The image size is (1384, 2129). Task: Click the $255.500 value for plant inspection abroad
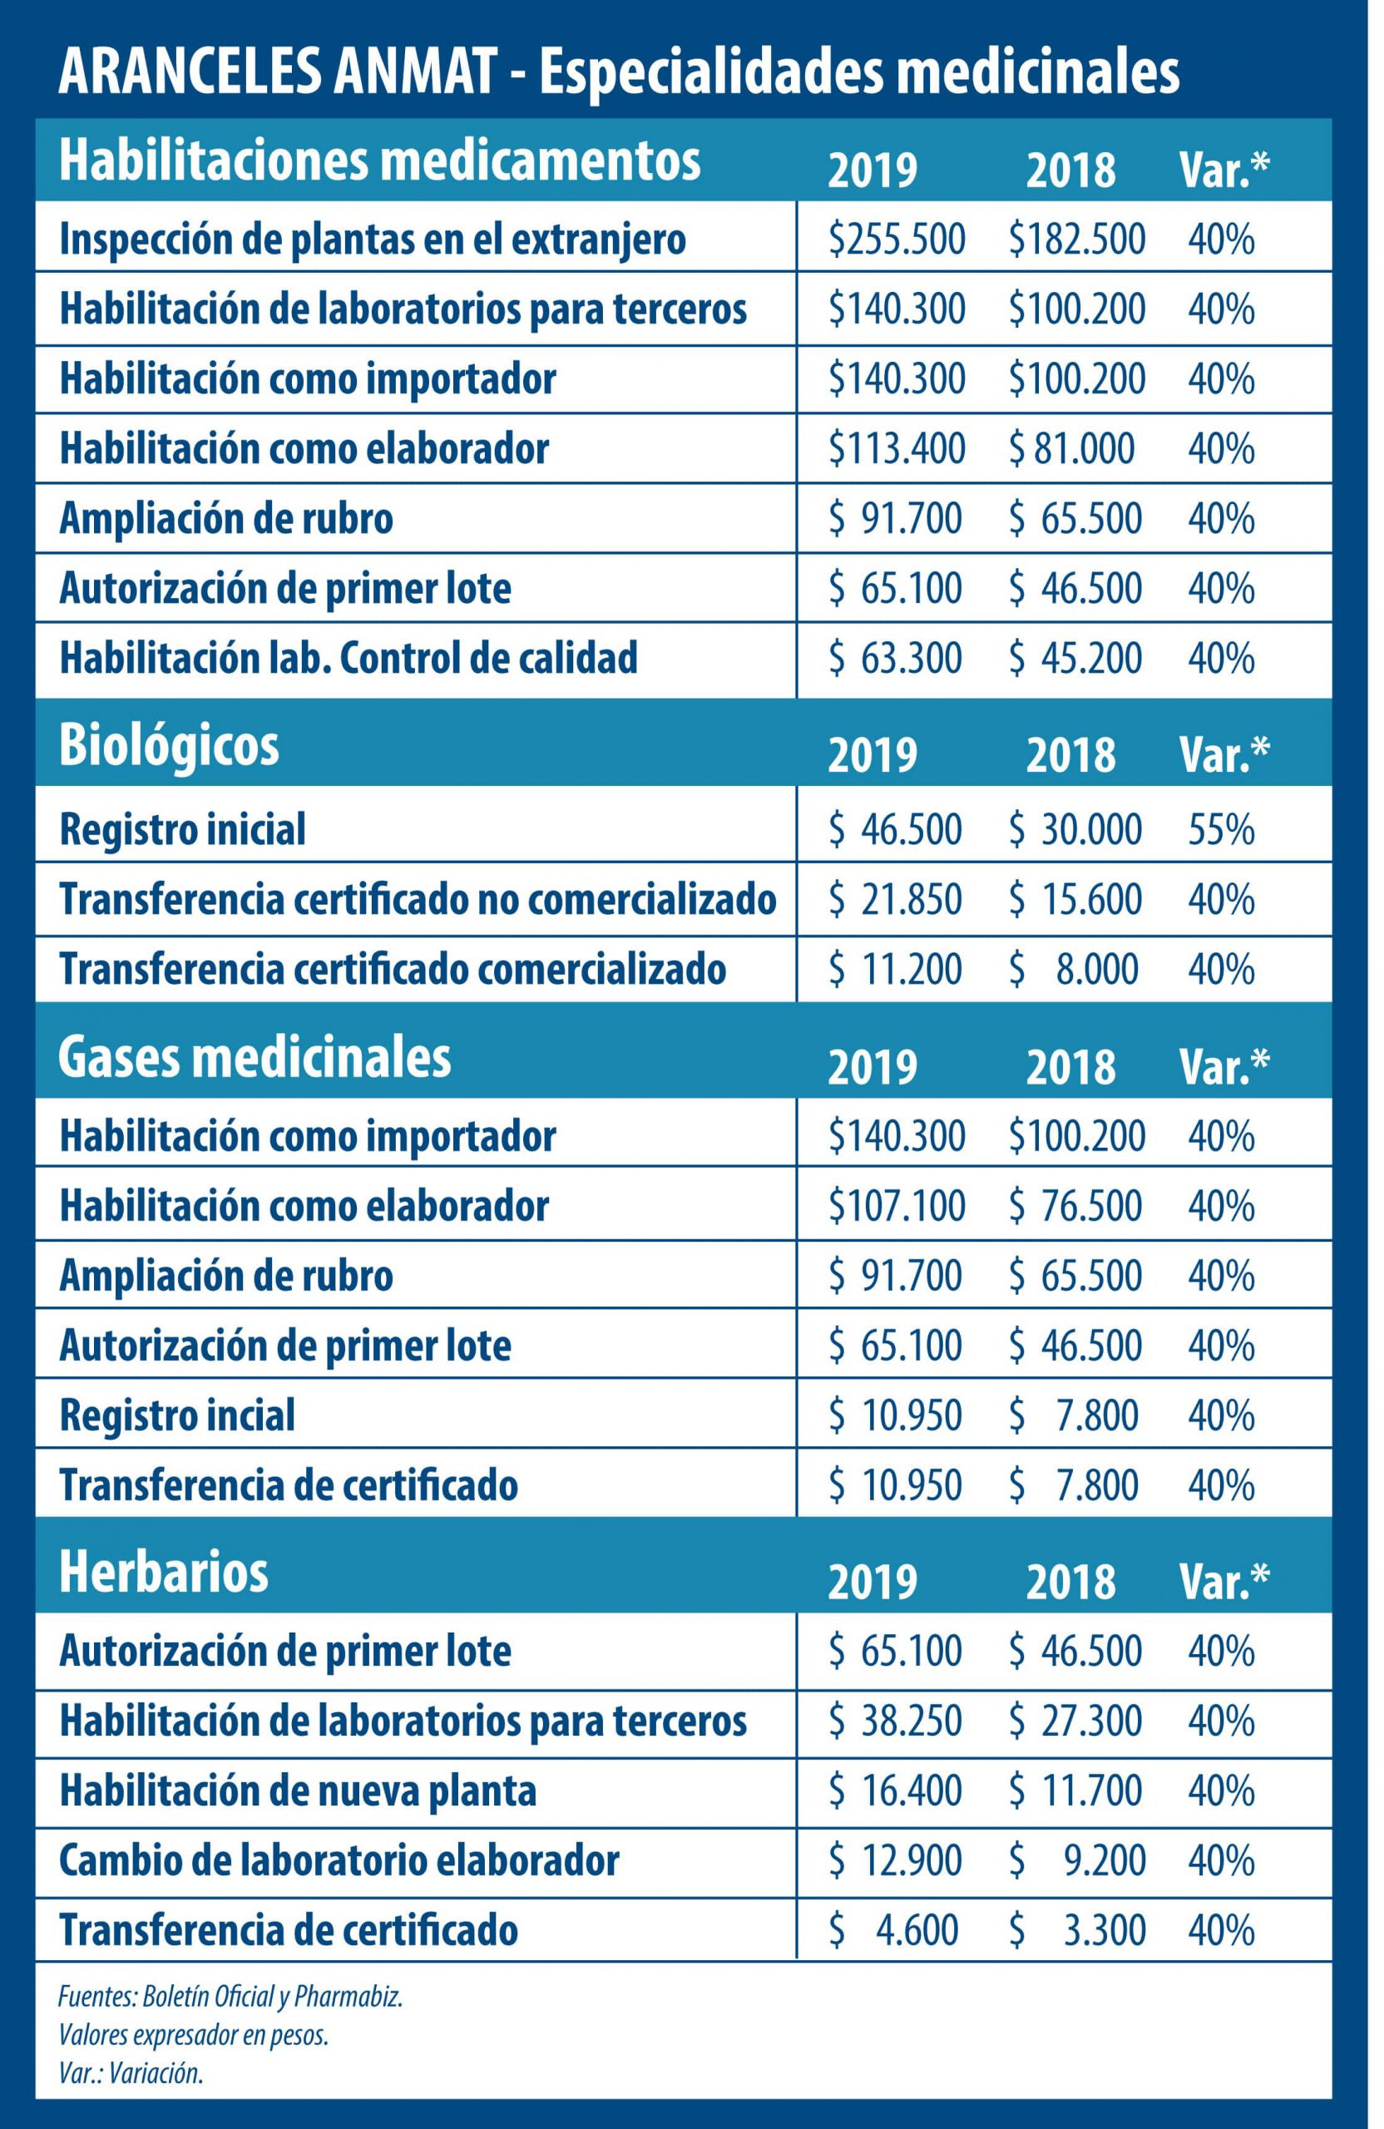click(897, 240)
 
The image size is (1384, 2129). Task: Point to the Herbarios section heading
click(163, 1572)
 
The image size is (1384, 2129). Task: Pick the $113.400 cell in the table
click(897, 449)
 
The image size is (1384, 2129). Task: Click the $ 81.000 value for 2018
click(1072, 449)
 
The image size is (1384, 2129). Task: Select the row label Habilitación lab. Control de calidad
click(348, 658)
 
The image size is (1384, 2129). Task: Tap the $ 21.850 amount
click(896, 899)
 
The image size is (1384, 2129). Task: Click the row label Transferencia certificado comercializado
click(392, 969)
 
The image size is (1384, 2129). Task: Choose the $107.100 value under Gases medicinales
click(897, 1206)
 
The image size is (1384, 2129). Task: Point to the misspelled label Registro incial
click(177, 1415)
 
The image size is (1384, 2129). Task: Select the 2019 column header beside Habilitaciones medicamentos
click(872, 170)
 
